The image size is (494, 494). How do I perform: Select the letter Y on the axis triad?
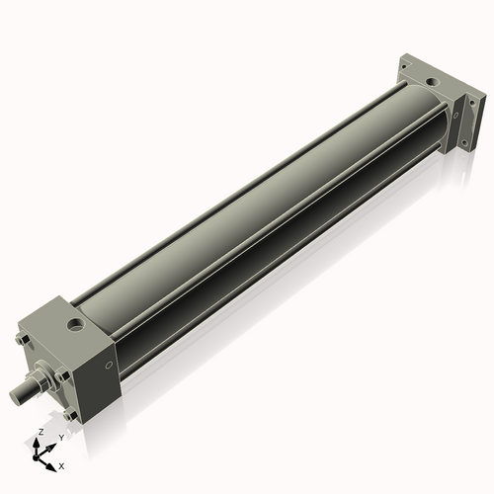pos(60,437)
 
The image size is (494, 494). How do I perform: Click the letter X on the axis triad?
pos(61,464)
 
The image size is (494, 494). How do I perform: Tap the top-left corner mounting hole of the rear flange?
pos(406,66)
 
